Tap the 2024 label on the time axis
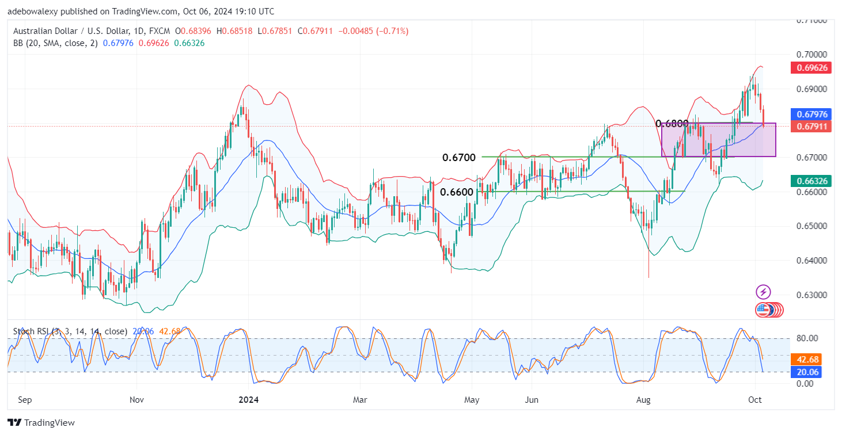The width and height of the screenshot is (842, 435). tap(248, 399)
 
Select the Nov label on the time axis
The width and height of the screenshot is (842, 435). tap(136, 399)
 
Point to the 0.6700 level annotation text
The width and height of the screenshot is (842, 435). tap(458, 157)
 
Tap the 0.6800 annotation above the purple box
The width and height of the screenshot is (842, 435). tap(672, 123)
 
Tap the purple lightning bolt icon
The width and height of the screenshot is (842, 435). tap(763, 292)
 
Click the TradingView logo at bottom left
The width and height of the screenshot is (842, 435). tap(41, 423)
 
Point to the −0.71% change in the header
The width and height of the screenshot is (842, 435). tap(392, 31)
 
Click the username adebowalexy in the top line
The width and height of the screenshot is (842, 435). tap(35, 12)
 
